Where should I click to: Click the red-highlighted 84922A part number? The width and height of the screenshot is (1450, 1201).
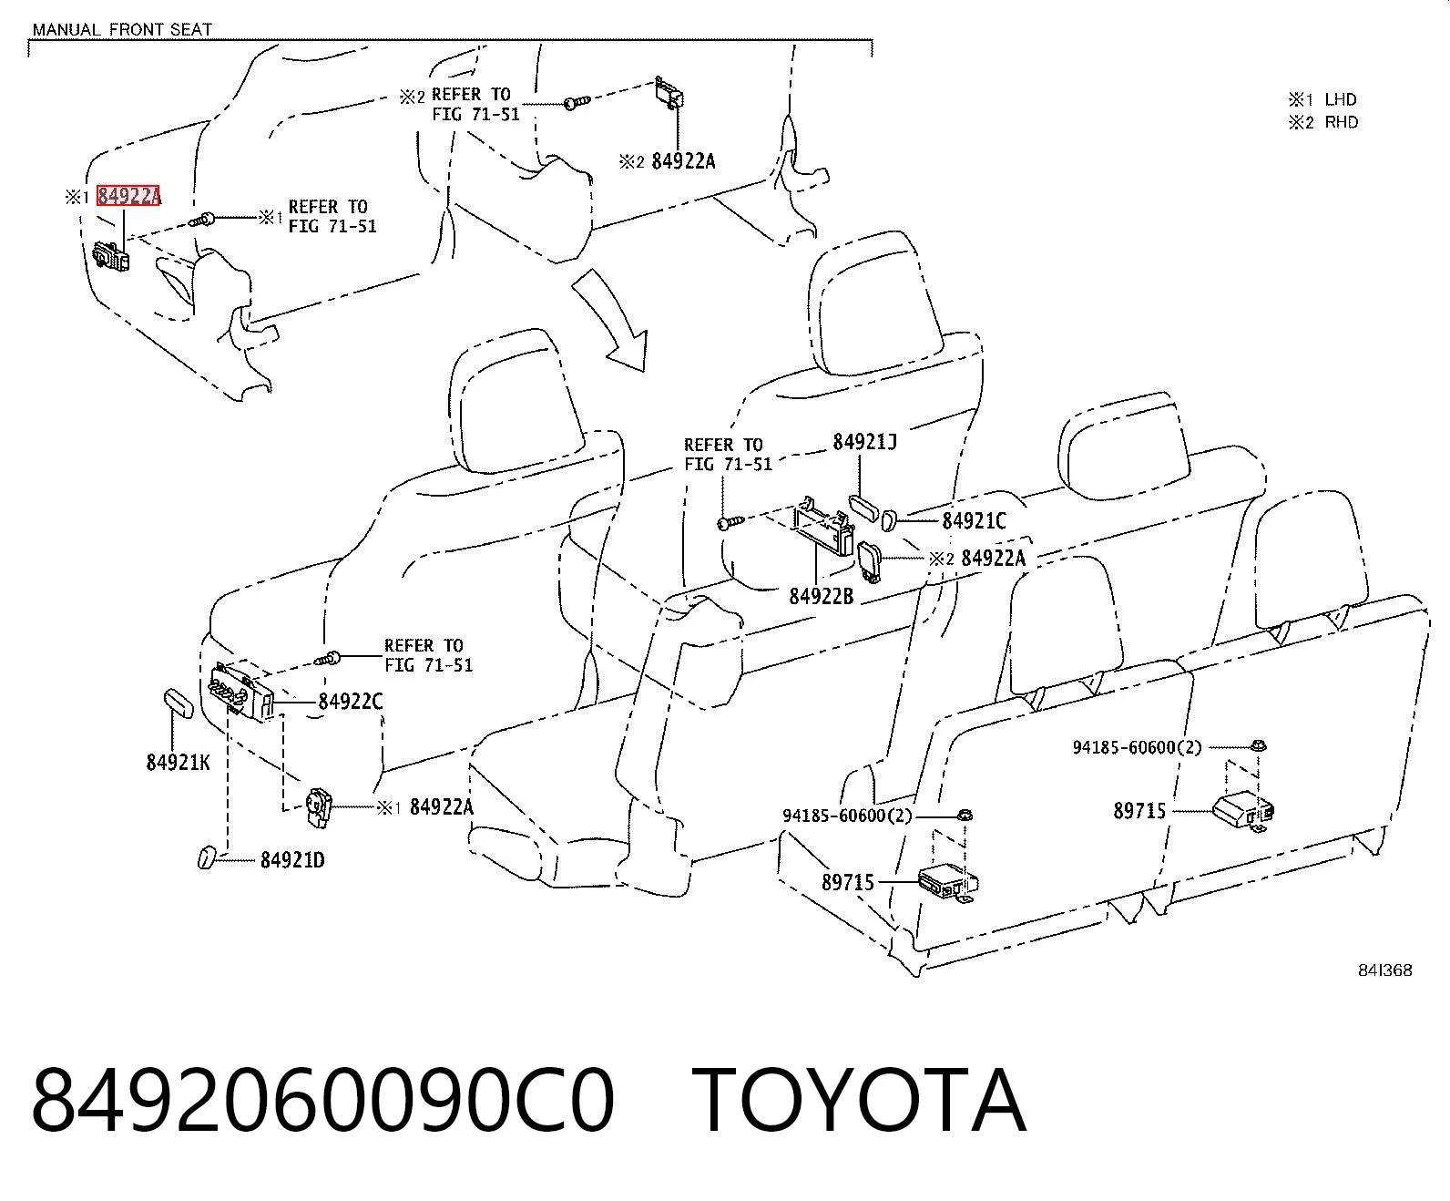coord(128,196)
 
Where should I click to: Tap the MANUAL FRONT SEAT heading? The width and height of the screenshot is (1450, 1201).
coord(122,29)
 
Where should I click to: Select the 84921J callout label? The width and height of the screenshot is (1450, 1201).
coord(864,441)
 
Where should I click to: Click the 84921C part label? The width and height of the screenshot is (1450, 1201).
coord(974,520)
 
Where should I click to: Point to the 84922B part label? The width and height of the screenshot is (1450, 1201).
coord(821,596)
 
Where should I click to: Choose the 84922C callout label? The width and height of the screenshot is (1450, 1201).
coord(350,702)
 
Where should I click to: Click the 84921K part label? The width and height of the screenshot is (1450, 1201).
coord(178,763)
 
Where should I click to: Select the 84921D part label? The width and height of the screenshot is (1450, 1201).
coord(292,859)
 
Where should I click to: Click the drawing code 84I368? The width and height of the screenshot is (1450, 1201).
coord(1384,970)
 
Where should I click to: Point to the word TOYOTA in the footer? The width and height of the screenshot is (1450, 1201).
coord(858,1102)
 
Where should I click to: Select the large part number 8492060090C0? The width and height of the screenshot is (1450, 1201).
coord(323,1102)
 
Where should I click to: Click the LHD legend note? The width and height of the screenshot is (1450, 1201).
coord(1322,99)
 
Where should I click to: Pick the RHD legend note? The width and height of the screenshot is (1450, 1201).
coord(1322,122)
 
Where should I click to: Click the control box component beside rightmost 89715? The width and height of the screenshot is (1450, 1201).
coord(1243,811)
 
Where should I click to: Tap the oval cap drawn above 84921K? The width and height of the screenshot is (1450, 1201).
coord(179,703)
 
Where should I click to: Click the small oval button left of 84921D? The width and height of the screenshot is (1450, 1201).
coord(207,857)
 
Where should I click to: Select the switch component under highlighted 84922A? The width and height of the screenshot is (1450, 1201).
coord(112,256)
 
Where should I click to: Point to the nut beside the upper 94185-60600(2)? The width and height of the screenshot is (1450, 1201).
coord(1258,745)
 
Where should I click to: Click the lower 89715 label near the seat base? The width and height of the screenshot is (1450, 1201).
coord(848,882)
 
